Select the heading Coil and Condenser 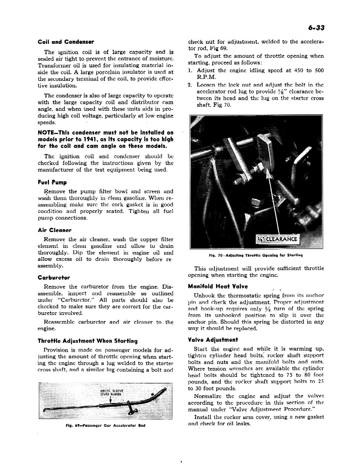pyautogui.click(x=66, y=42)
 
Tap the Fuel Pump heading pyautogui.click(x=52, y=183)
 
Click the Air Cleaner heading pyautogui.click(x=55, y=230)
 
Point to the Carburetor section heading pyautogui.click(x=54, y=278)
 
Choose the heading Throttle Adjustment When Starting pyautogui.click(x=88, y=341)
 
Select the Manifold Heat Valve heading pyautogui.click(x=218, y=286)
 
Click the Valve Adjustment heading pyautogui.click(x=213, y=340)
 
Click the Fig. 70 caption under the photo pyautogui.click(x=255, y=255)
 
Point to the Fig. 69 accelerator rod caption pyautogui.click(x=105, y=425)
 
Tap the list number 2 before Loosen pyautogui.click(x=190, y=85)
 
